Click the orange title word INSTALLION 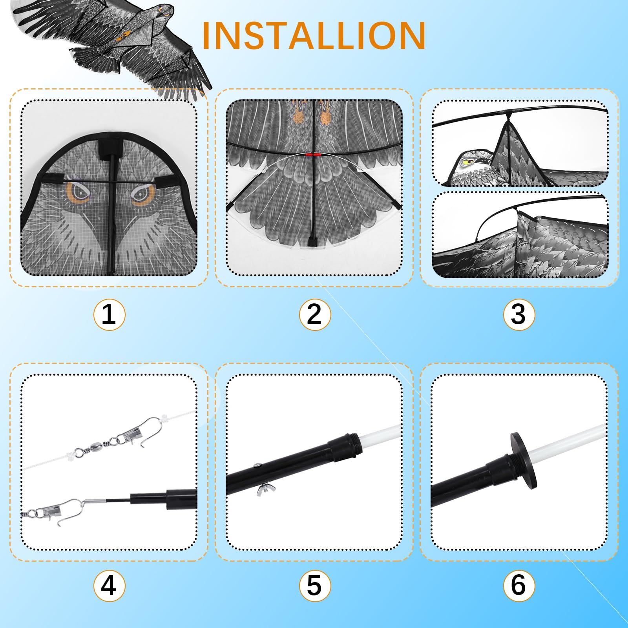(x=314, y=36)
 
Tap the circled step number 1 (x=109, y=314)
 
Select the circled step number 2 (x=315, y=314)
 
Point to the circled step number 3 (x=519, y=314)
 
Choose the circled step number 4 (x=109, y=586)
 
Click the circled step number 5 (x=315, y=586)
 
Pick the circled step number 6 (x=519, y=586)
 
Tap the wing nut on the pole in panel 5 (x=266, y=489)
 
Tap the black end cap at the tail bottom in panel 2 (x=313, y=241)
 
